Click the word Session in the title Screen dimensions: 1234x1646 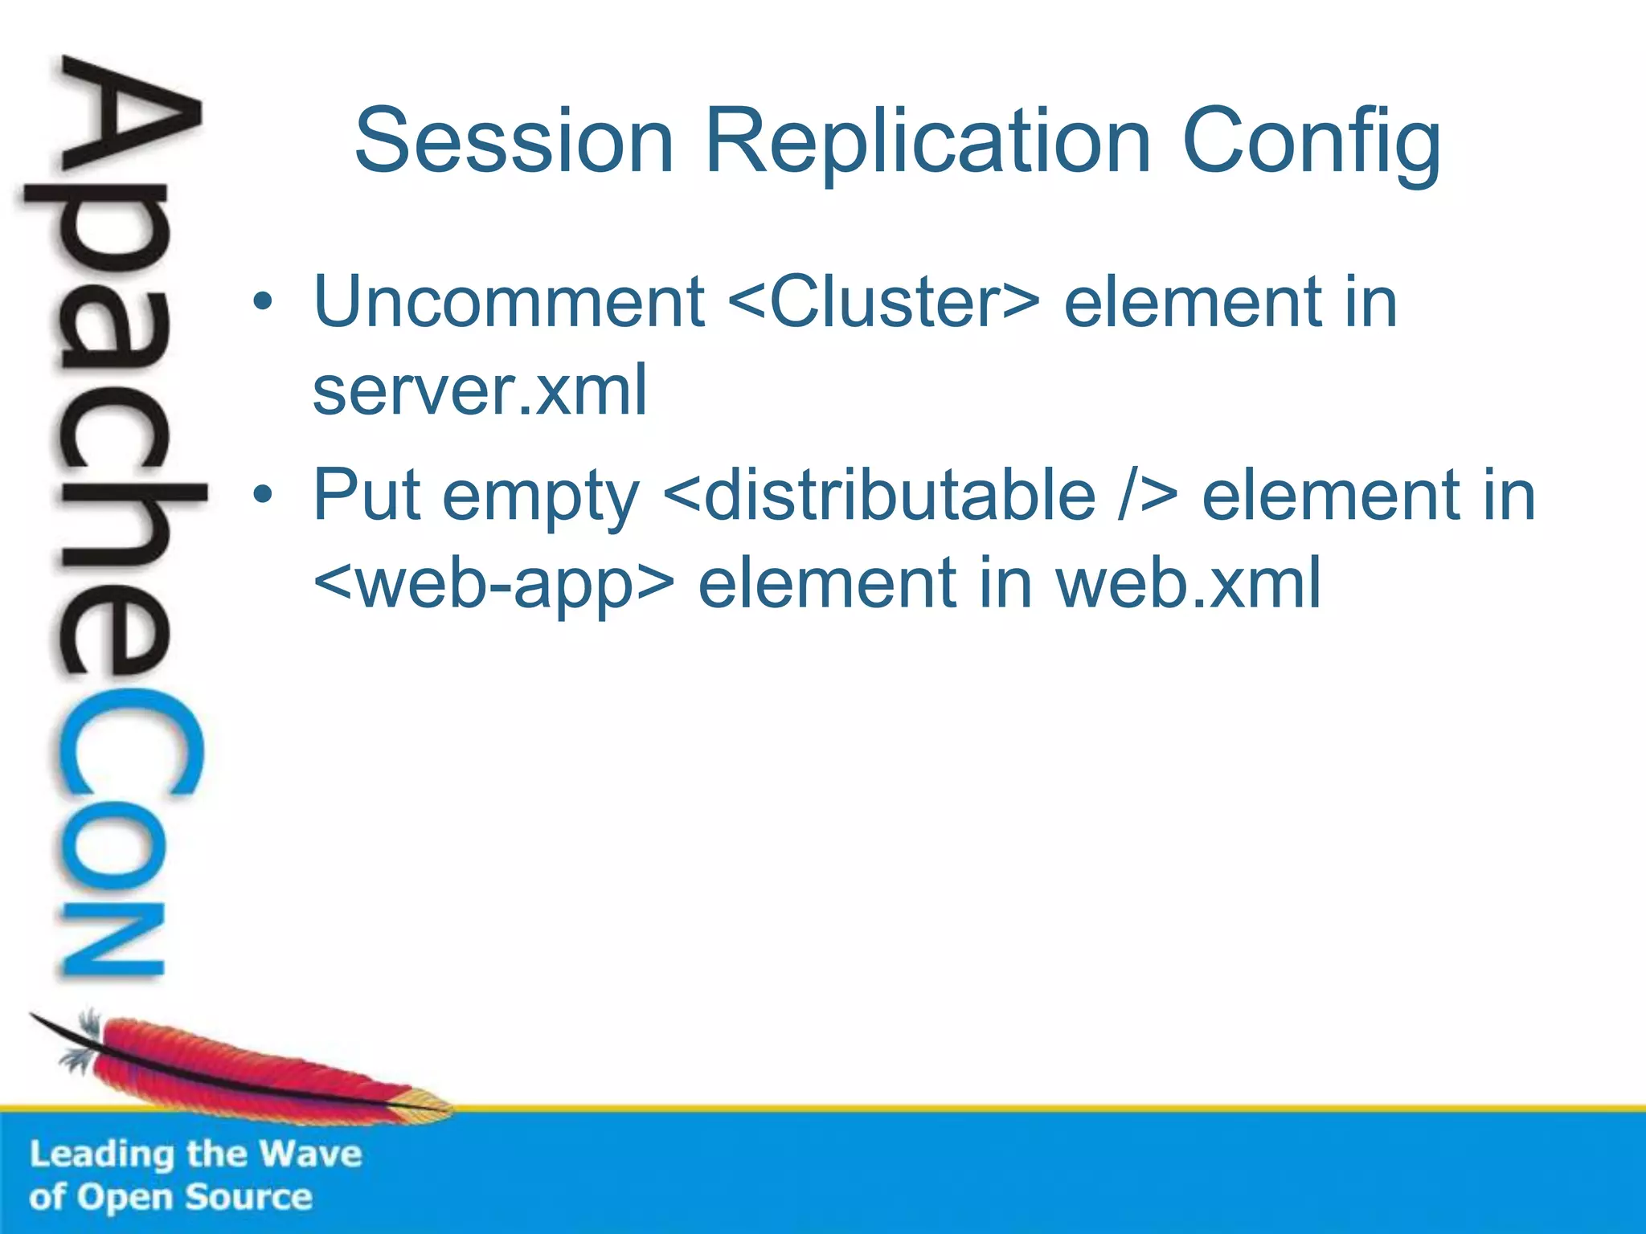(514, 142)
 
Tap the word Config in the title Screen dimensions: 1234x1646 (1312, 142)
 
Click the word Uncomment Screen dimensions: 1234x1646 (509, 303)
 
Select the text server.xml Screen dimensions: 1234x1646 (480, 390)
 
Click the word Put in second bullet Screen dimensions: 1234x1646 (366, 496)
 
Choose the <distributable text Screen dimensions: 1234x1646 (880, 496)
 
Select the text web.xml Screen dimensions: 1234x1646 (1188, 584)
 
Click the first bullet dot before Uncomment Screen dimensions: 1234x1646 (263, 304)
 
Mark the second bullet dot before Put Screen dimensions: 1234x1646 (263, 496)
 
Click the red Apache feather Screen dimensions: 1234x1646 (241, 1064)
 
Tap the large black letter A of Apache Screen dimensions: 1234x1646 (129, 121)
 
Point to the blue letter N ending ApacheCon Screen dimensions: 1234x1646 (113, 940)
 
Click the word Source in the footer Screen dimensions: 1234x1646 (249, 1197)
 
